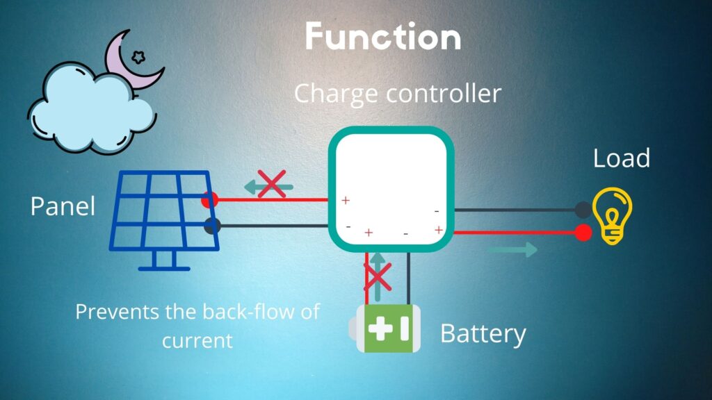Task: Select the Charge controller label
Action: tap(397, 93)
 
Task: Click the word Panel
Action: tap(63, 206)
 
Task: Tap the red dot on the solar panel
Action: tap(207, 200)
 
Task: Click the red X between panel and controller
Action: tap(271, 184)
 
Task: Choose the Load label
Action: tap(621, 158)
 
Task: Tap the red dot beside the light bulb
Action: tap(583, 233)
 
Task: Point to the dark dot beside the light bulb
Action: tap(583, 208)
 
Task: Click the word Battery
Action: tap(483, 334)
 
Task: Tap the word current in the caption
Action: tap(197, 341)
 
